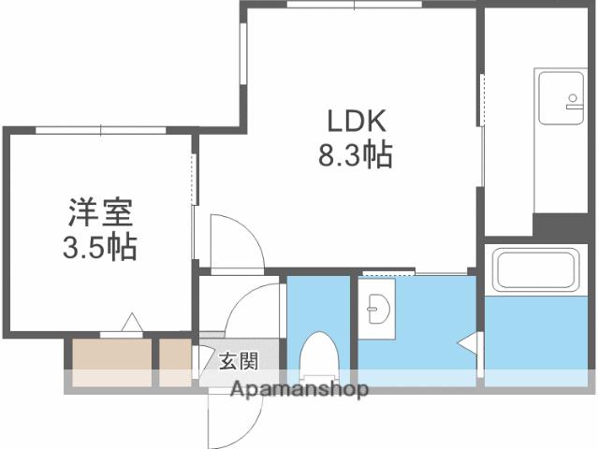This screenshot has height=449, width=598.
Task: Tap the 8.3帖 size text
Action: pos(351,155)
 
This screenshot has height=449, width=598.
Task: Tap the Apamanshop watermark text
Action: pos(299,389)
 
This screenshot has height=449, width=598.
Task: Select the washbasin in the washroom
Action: pos(378,304)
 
